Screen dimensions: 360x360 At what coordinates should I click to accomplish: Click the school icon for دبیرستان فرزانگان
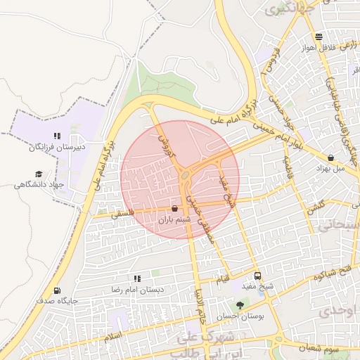click(x=57, y=136)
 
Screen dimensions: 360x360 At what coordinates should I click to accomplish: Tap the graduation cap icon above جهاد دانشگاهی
click(x=38, y=174)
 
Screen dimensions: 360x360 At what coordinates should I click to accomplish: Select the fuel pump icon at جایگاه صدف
click(x=57, y=290)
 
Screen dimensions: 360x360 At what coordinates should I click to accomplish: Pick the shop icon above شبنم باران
click(x=174, y=208)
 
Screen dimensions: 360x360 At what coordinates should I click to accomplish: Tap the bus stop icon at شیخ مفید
click(x=257, y=276)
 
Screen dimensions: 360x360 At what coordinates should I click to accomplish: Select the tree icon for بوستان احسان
click(x=240, y=305)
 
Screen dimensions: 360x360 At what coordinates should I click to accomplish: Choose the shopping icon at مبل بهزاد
click(x=331, y=157)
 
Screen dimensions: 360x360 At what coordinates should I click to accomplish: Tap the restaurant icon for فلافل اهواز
click(x=319, y=37)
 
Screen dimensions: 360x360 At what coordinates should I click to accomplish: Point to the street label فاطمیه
click(x=288, y=168)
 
